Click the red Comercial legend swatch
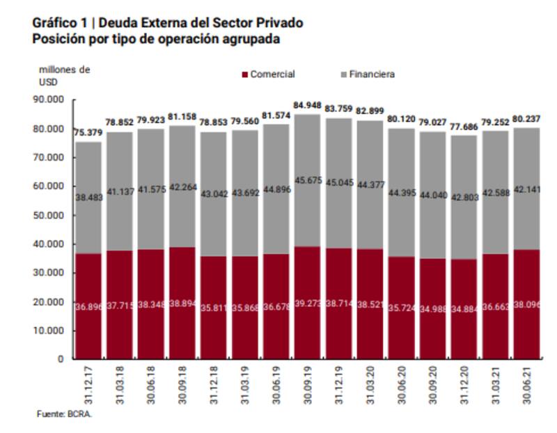click(x=244, y=74)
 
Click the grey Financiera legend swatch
click(x=343, y=74)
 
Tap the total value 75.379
click(x=88, y=133)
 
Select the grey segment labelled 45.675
click(x=309, y=181)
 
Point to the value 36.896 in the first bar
click(x=89, y=306)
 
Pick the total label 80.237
click(x=528, y=118)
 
